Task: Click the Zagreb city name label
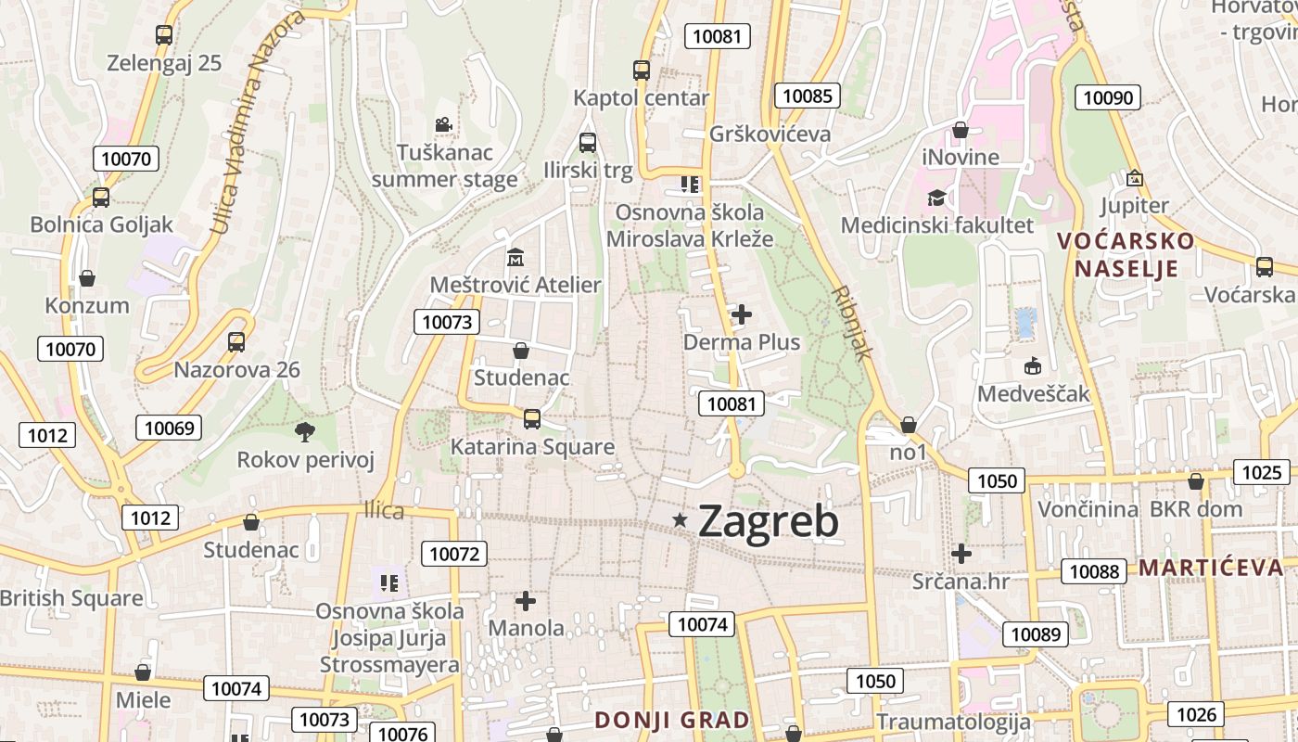coord(768,521)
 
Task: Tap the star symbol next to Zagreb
coord(681,520)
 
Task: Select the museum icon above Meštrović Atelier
coord(515,257)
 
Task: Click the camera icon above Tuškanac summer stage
coord(444,124)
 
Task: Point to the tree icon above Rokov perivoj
coord(304,431)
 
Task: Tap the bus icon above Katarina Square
coord(532,418)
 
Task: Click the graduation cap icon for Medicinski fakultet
coord(936,198)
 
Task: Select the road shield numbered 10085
coord(808,96)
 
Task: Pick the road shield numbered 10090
coord(1107,97)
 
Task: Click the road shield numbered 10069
coord(169,428)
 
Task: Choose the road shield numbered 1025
coord(1261,472)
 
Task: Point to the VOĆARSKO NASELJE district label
coord(1126,255)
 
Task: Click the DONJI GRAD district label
coord(672,720)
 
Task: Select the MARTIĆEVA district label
coord(1210,568)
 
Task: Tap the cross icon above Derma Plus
coord(742,315)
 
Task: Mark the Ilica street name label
coord(384,510)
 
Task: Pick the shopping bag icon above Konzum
coord(87,278)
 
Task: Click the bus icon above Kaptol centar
coord(642,70)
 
